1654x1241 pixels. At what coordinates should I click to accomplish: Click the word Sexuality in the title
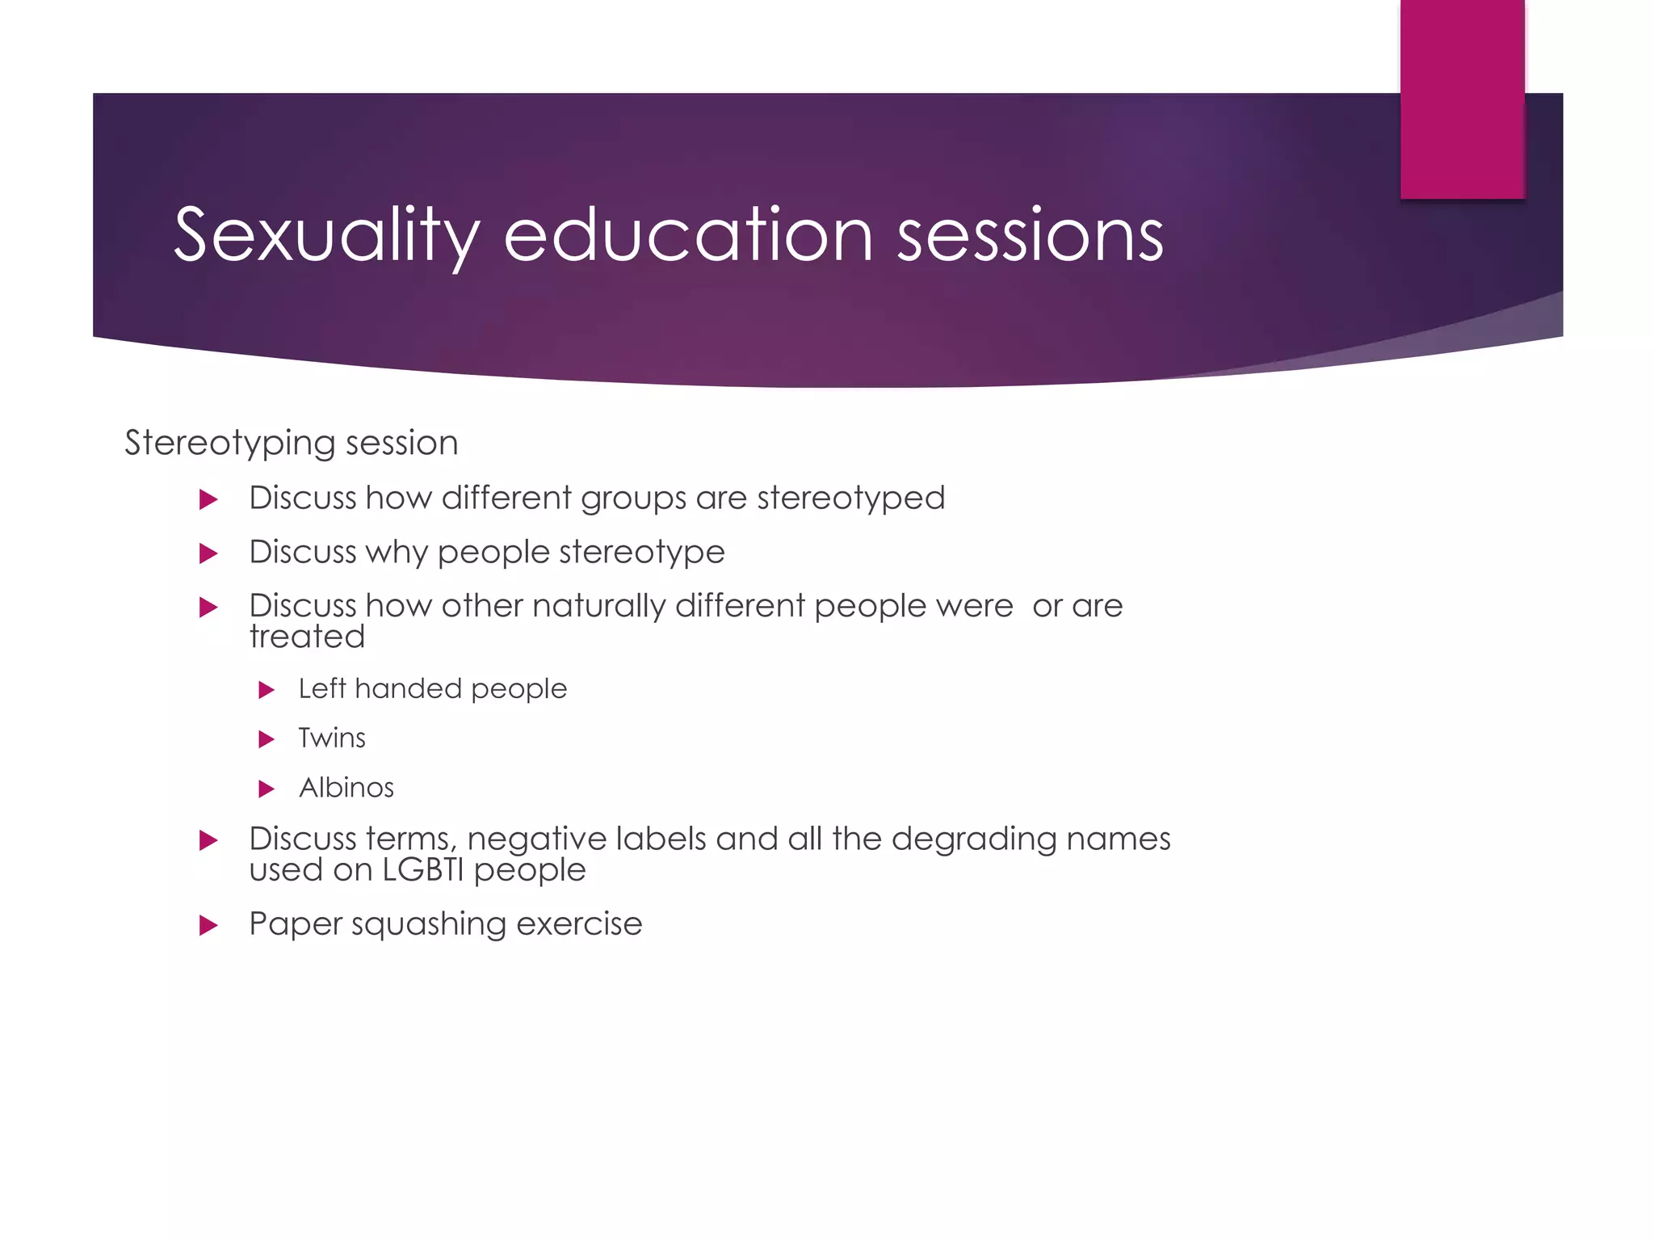pos(326,235)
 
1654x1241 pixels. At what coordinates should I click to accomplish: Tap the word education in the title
pos(688,235)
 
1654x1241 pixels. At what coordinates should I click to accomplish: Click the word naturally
pos(598,605)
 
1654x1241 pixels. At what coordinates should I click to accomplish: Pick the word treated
pos(307,637)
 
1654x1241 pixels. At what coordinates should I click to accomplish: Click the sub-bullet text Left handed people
pos(432,688)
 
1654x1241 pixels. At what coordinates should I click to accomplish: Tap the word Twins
pos(332,738)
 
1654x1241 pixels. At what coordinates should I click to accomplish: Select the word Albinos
pos(346,788)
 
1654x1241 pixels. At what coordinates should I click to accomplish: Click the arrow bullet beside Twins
pos(267,738)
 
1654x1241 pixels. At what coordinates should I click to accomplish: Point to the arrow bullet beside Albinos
pos(267,789)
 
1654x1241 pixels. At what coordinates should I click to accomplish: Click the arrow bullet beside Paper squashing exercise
pos(208,925)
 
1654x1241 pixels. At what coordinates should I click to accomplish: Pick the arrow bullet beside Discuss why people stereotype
pos(208,553)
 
